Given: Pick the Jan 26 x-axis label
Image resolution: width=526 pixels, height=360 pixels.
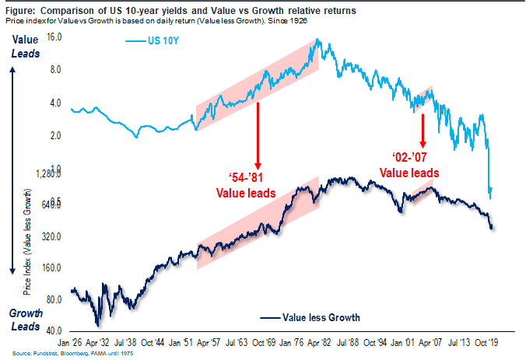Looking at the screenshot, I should point(72,341).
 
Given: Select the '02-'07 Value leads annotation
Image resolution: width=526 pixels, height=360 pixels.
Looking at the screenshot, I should point(409,166).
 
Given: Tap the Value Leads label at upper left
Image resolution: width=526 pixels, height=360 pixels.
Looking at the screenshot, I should point(23,46).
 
